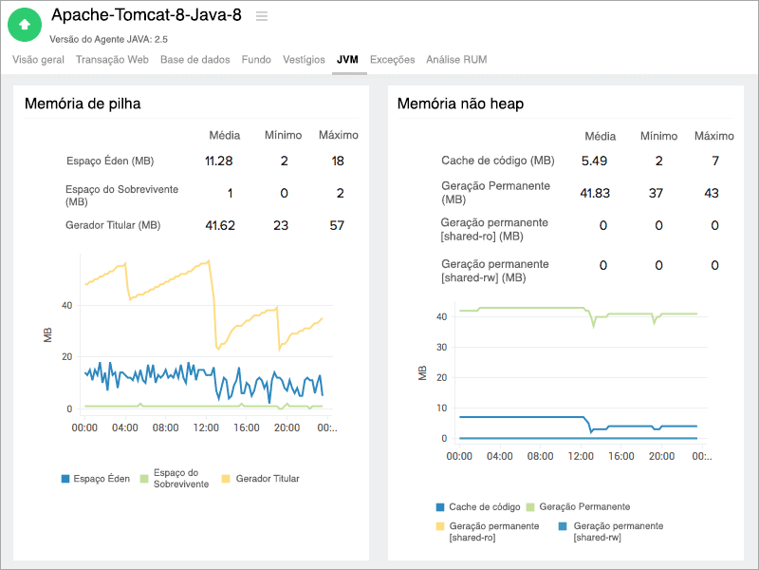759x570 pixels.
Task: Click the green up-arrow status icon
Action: [x=25, y=24]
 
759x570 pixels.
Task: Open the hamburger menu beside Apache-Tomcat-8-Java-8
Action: [x=262, y=16]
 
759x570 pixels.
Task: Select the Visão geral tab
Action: [x=39, y=59]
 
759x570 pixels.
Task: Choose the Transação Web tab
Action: [x=112, y=59]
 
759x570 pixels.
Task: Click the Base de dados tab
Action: [x=194, y=59]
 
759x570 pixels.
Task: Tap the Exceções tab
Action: [x=392, y=59]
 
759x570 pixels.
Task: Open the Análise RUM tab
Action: [x=456, y=59]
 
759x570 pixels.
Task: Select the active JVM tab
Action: [x=347, y=59]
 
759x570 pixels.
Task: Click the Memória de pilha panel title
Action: [x=83, y=104]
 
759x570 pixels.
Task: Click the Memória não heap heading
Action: [x=460, y=104]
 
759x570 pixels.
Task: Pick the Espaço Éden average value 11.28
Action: [x=219, y=161]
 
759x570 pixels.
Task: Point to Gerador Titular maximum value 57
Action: [x=338, y=225]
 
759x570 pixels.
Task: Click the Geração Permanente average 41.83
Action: [x=594, y=193]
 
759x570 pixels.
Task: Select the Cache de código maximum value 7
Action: [x=714, y=161]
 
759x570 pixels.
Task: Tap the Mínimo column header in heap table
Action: [x=284, y=135]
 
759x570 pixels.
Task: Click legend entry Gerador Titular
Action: [x=267, y=479]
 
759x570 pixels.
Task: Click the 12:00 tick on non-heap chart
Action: [x=581, y=456]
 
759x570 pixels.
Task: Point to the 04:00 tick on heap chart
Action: [x=125, y=427]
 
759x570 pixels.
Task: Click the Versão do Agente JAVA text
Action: [x=108, y=39]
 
